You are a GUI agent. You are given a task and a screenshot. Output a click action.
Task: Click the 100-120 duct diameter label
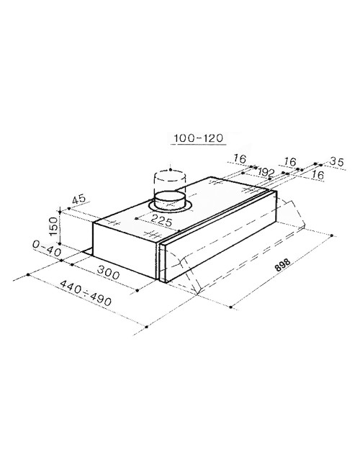(199, 138)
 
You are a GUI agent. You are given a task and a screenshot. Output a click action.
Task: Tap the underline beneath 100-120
(198, 145)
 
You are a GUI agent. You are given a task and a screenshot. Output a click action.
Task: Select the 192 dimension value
(266, 172)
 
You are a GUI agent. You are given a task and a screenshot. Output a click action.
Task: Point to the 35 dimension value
(337, 162)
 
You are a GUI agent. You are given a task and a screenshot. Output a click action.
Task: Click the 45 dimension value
(79, 199)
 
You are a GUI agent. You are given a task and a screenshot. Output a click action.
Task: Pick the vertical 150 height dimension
(53, 226)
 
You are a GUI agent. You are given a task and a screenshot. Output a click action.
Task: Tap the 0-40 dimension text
(47, 248)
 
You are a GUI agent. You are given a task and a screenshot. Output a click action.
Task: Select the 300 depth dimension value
(108, 272)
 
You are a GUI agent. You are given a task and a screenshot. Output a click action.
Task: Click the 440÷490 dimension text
(86, 293)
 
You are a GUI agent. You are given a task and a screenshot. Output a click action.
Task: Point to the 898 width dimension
(282, 265)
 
